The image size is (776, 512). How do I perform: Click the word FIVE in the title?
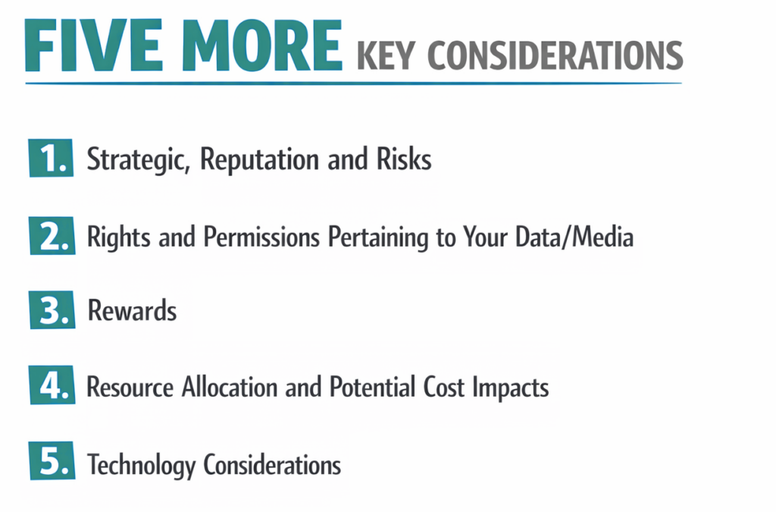(x=93, y=46)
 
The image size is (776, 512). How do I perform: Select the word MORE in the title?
(x=261, y=46)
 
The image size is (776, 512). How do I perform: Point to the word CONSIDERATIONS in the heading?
(x=555, y=55)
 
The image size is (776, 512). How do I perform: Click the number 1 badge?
(x=51, y=159)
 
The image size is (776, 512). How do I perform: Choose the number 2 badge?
(x=52, y=236)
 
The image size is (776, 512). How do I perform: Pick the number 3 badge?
(x=52, y=310)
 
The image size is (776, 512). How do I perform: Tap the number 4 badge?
(x=52, y=385)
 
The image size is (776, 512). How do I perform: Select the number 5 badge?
(x=52, y=460)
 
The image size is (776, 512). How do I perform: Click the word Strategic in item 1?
(x=139, y=160)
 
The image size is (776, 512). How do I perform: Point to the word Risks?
(x=404, y=159)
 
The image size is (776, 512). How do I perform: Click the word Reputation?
(x=259, y=160)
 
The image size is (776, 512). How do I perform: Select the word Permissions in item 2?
(x=261, y=237)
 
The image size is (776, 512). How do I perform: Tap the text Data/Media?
(x=574, y=237)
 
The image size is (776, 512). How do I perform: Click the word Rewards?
(x=132, y=310)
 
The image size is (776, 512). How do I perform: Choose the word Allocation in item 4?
(x=229, y=387)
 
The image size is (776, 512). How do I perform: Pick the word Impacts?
(x=510, y=388)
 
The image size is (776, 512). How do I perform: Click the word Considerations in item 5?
(x=272, y=464)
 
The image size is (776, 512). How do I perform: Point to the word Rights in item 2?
(x=119, y=237)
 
